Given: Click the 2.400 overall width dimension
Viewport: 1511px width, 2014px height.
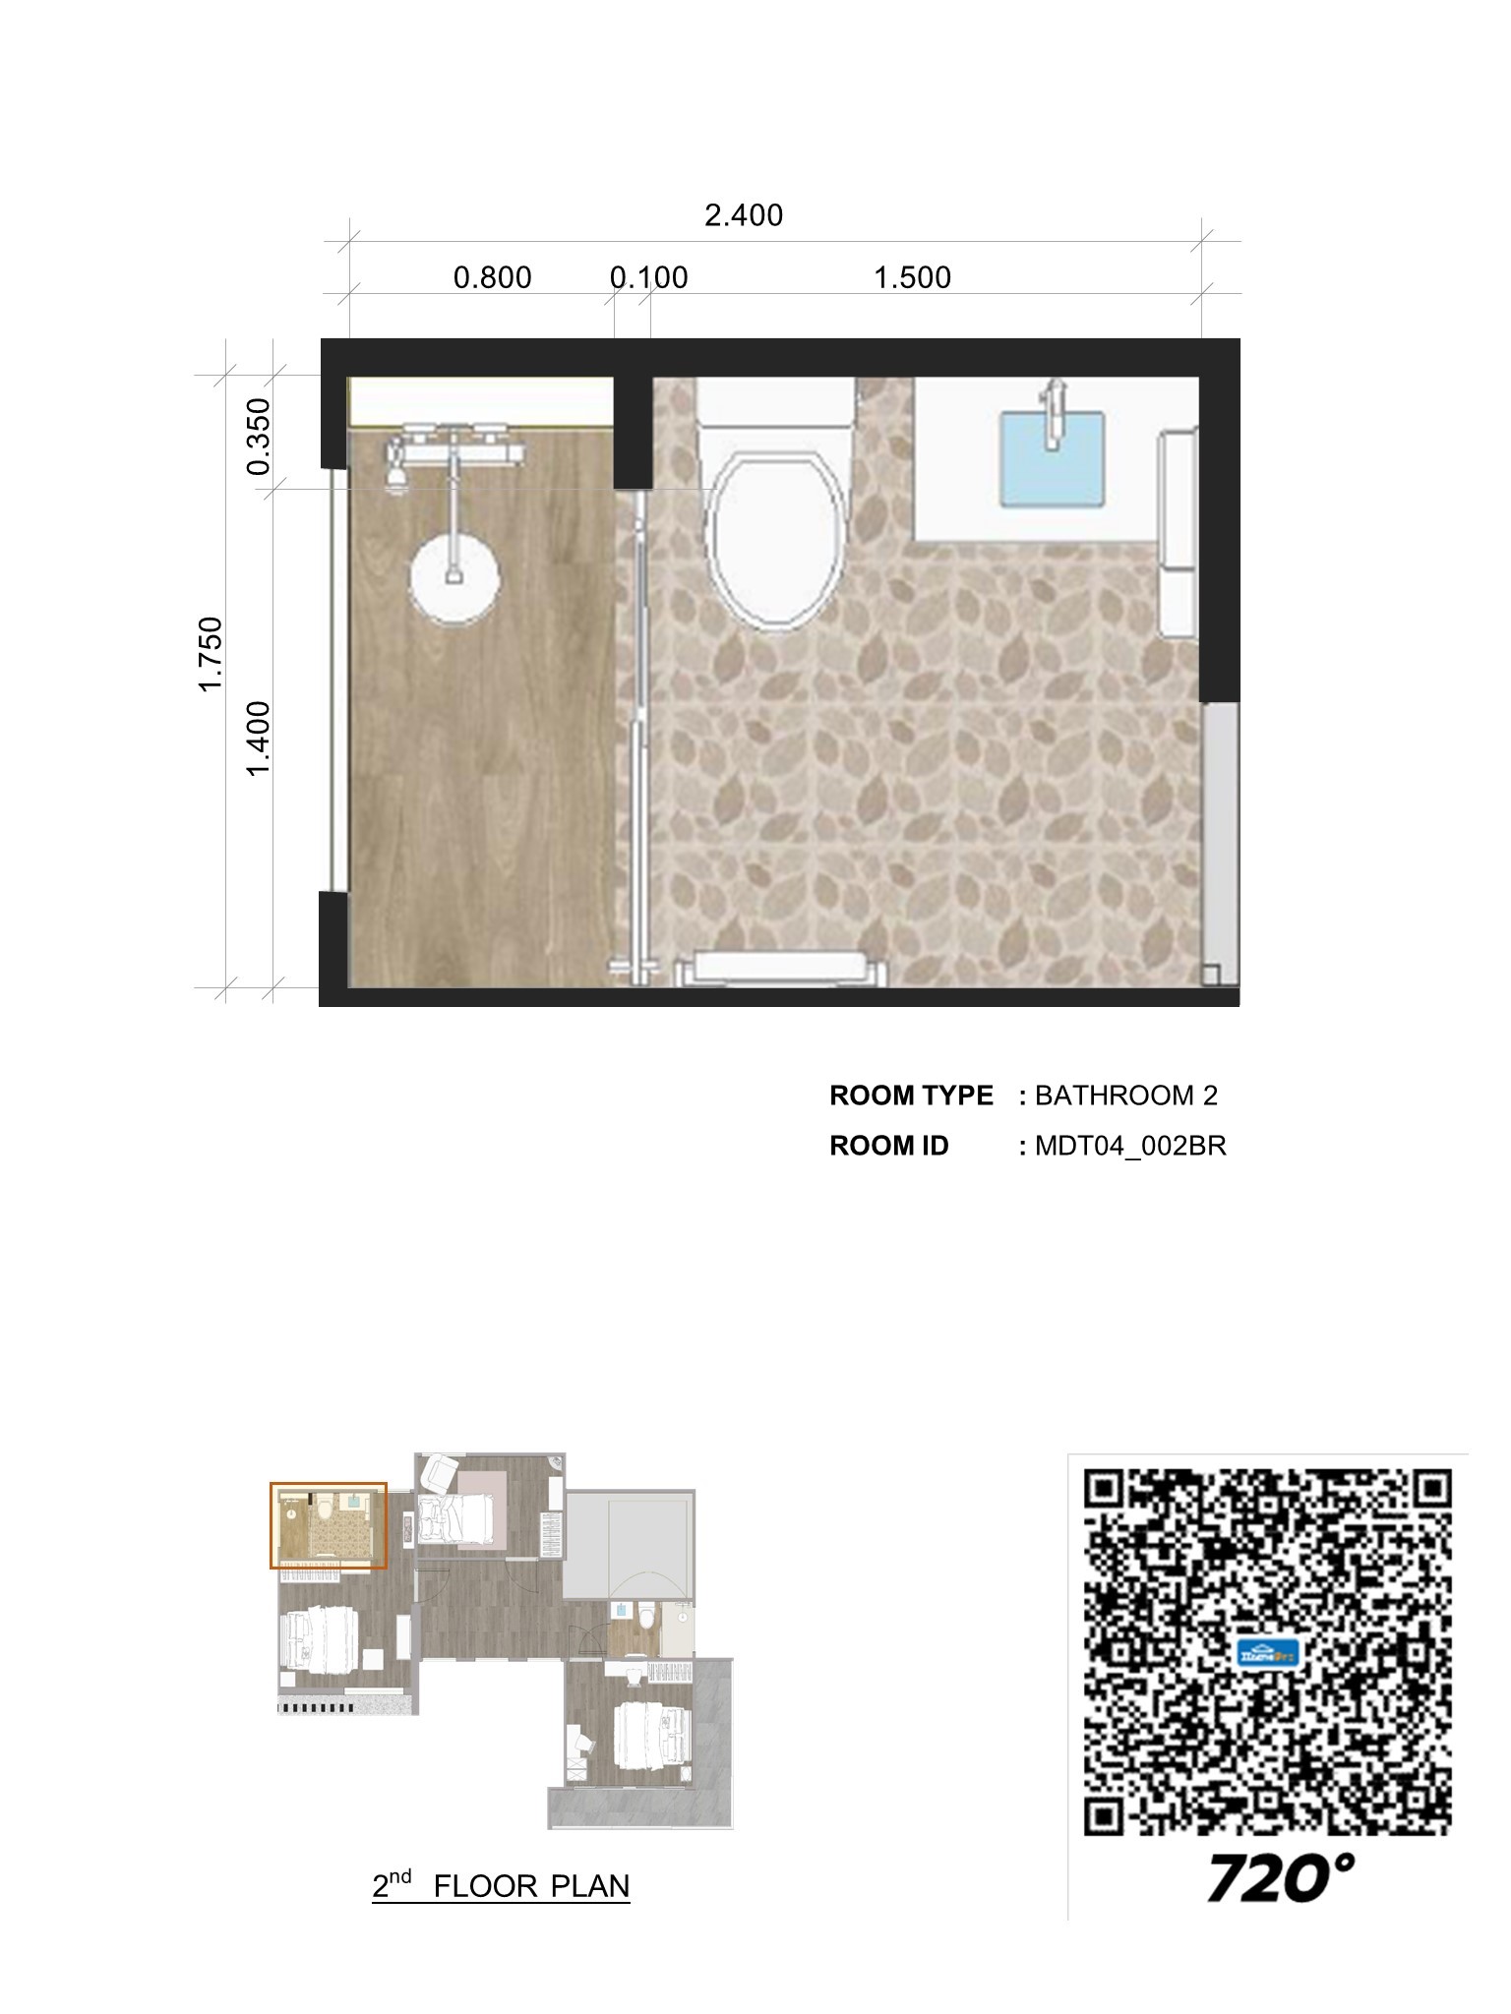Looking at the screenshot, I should pyautogui.click(x=744, y=215).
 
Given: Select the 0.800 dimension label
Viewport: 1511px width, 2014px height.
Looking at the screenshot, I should pyautogui.click(x=492, y=278).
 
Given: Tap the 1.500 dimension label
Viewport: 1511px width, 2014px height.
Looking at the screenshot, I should pyautogui.click(x=913, y=278).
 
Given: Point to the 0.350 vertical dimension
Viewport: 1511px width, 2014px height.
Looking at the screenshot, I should pyautogui.click(x=259, y=437).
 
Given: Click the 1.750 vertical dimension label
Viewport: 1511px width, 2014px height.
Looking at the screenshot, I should pyautogui.click(x=212, y=654).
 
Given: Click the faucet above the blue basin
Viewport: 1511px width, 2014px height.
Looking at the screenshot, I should pyautogui.click(x=1055, y=409).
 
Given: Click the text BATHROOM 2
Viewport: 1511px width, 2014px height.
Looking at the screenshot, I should pyautogui.click(x=1126, y=1096).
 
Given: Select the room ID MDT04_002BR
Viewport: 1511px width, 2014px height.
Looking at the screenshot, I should pyautogui.click(x=1130, y=1147).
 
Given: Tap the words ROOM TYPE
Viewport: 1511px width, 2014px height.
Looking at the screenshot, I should pyautogui.click(x=911, y=1096).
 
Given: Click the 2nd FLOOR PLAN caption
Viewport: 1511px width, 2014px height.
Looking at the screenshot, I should pyautogui.click(x=501, y=1886).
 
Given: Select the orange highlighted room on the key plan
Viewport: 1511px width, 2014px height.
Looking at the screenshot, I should pyautogui.click(x=329, y=1525).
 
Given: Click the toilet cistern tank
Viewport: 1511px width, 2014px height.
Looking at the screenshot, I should pyautogui.click(x=774, y=403).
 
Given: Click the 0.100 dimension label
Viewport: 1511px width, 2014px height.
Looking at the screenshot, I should pyautogui.click(x=649, y=278).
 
